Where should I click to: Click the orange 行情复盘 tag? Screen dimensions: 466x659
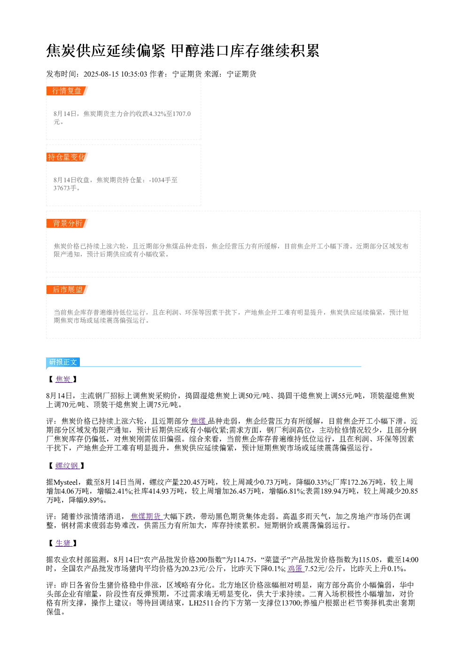[67, 91]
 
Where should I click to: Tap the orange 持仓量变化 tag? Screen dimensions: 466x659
[67, 157]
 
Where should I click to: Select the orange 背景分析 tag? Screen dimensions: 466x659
[67, 223]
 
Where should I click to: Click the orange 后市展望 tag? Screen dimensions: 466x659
[67, 289]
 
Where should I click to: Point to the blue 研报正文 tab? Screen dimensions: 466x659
[63, 362]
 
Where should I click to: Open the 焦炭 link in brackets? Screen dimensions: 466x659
[63, 379]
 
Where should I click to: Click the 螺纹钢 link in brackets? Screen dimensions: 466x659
[67, 465]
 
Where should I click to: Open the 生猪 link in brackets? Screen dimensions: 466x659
[63, 543]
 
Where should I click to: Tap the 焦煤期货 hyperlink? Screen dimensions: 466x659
[146, 516]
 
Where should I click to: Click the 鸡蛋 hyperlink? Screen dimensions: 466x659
[295, 569]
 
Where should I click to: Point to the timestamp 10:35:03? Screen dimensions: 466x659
[134, 74]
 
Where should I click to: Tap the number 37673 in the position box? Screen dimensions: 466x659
[62, 188]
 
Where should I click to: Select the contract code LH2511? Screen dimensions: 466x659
[201, 603]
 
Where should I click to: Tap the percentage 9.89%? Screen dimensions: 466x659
[93, 500]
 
